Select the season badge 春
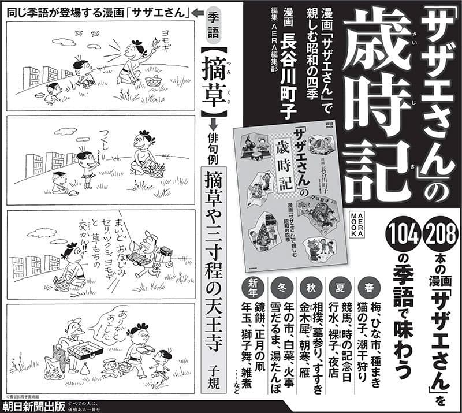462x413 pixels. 368,287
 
